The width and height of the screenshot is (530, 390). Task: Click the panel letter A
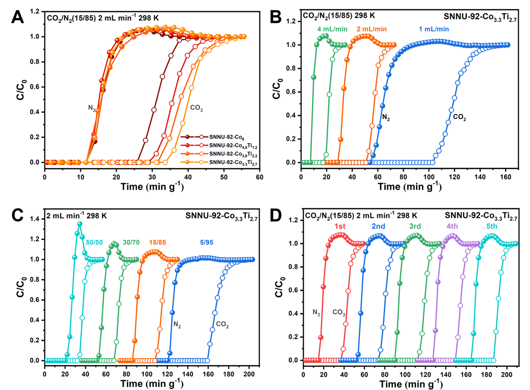click(18, 18)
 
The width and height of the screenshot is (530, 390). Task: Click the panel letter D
click(276, 215)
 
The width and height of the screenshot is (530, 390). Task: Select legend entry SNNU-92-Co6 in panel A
click(227, 137)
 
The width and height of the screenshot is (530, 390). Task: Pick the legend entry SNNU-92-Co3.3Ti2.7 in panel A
click(233, 162)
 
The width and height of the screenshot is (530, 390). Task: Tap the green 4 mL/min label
click(332, 29)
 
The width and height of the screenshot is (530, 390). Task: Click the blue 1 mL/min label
click(434, 29)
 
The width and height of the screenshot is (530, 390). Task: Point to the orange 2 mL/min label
click(372, 29)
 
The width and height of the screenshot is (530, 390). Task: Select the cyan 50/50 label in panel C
click(94, 242)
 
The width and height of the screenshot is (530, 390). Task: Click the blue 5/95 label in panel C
click(207, 242)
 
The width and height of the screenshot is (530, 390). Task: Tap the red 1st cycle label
click(340, 226)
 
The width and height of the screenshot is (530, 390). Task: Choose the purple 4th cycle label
click(452, 226)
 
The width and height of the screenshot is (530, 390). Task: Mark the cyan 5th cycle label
click(492, 226)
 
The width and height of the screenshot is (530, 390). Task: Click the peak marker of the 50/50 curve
click(80, 224)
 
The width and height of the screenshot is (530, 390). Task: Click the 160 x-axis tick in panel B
click(505, 177)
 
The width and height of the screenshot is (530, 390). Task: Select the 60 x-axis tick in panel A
click(260, 177)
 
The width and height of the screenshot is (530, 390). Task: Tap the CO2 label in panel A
click(196, 108)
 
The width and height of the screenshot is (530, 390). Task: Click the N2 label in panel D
click(316, 312)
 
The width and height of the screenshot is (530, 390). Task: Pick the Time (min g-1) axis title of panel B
click(410, 187)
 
